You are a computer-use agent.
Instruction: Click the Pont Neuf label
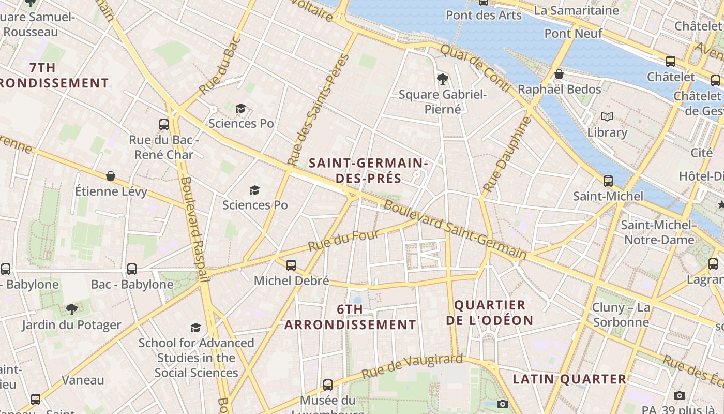(573, 34)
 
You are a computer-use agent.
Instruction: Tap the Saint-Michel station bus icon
(608, 181)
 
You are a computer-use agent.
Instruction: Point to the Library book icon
(607, 117)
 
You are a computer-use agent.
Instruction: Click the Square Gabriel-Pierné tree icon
(442, 79)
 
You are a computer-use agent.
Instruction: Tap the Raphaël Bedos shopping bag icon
(559, 74)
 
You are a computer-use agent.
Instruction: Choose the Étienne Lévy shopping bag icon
(111, 176)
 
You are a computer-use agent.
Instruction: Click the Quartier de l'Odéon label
(489, 313)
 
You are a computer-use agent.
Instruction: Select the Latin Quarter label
(569, 379)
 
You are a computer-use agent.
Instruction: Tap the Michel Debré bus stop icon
(291, 265)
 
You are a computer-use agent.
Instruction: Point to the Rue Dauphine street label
(507, 154)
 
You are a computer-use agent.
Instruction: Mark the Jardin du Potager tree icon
(71, 309)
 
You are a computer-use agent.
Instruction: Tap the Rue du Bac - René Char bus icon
(164, 125)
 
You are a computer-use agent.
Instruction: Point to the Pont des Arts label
(484, 15)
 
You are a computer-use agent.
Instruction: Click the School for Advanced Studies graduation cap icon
(195, 328)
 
